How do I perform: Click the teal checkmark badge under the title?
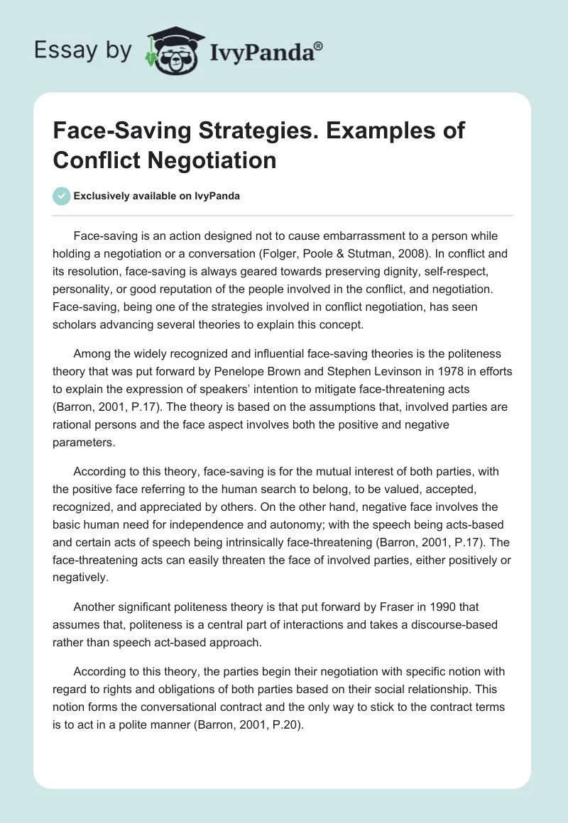[x=62, y=196]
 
